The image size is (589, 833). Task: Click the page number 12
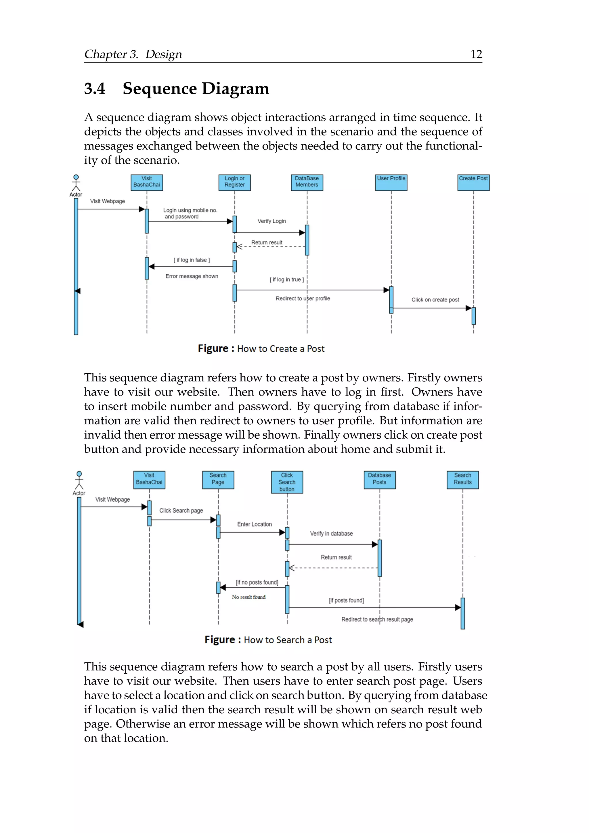click(x=476, y=54)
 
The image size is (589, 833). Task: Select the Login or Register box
click(x=235, y=182)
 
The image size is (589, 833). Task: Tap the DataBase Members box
click(x=307, y=182)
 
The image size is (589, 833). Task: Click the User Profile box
click(x=391, y=182)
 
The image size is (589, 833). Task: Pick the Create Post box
click(x=473, y=182)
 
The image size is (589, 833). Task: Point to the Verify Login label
click(x=272, y=221)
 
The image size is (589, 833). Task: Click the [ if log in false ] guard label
click(x=192, y=260)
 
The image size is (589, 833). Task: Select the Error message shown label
click(x=192, y=276)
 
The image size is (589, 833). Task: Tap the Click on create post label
click(x=435, y=300)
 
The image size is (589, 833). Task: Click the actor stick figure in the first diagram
click(x=76, y=183)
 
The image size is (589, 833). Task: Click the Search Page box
click(x=218, y=479)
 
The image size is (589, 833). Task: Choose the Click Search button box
click(x=287, y=482)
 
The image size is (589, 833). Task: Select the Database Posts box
click(x=379, y=479)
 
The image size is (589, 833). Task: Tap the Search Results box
click(x=462, y=479)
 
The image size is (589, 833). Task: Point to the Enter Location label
click(x=254, y=524)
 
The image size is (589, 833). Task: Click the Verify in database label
click(x=331, y=533)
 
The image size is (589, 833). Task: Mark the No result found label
click(x=248, y=597)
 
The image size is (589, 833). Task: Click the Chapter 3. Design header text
click(x=133, y=54)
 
